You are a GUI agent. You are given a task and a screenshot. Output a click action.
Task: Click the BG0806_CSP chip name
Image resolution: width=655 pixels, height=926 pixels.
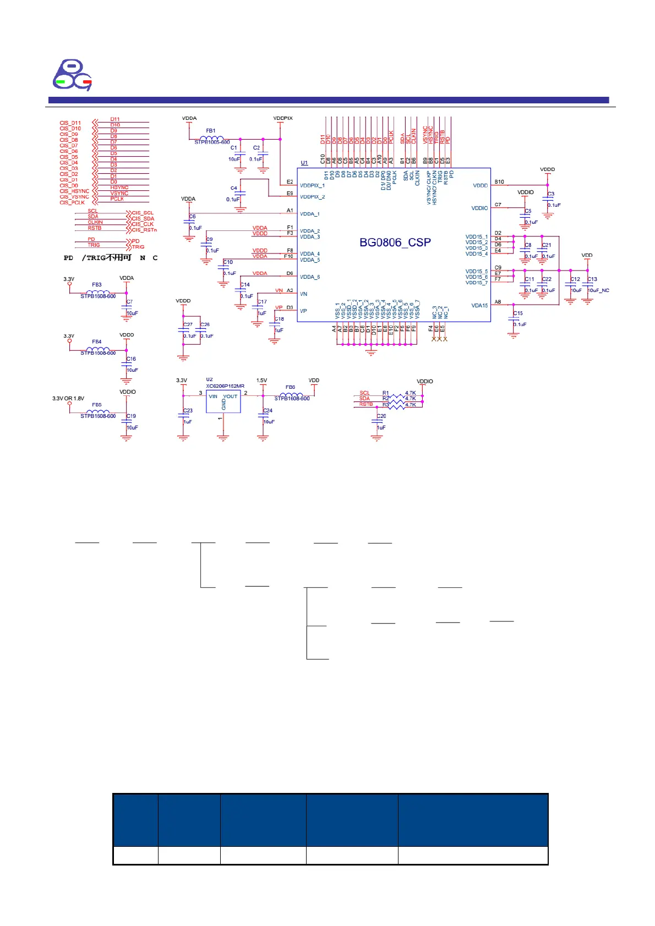coord(395,242)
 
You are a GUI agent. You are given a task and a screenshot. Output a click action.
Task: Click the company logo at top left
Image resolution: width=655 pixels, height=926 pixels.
coord(72,75)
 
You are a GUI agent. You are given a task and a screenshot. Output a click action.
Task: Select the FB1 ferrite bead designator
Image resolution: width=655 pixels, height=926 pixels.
coord(211,131)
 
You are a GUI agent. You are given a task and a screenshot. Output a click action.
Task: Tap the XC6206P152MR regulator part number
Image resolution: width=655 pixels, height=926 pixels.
coord(225,386)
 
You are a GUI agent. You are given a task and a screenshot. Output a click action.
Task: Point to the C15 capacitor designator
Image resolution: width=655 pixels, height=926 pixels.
coord(518,313)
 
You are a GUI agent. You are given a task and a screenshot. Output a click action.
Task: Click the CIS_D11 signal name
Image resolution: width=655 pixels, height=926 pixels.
coord(70,123)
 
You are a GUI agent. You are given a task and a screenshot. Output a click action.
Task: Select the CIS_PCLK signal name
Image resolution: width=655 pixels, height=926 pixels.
coord(73,202)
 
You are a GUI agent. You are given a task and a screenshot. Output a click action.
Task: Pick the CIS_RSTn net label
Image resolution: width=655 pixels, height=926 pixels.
coord(144,230)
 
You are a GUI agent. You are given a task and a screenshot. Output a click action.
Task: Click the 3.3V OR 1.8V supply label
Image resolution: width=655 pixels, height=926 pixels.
coord(68,398)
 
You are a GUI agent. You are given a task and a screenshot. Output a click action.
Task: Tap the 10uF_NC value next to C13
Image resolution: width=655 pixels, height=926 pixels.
coord(599,290)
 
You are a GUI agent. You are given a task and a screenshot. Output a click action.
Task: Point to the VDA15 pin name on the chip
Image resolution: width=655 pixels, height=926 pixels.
coord(479,305)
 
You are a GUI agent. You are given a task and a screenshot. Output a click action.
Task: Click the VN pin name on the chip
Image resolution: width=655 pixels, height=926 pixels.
coord(303,294)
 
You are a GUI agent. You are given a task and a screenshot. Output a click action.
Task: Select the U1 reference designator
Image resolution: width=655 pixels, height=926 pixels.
coord(304,163)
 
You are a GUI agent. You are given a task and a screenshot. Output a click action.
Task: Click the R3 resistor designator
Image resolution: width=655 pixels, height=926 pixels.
coord(386,405)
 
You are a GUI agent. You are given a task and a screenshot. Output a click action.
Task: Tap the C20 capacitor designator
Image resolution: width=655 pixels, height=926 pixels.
coord(381,416)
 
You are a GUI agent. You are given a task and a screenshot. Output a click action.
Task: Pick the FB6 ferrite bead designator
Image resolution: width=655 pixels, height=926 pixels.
coord(290,387)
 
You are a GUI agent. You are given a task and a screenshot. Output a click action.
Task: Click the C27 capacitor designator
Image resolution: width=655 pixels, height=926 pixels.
coord(188,324)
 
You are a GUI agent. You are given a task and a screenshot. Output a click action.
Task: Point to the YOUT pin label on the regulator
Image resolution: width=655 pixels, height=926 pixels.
coord(230,396)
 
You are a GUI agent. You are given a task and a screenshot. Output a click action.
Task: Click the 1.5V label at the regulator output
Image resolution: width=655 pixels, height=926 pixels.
coord(261,381)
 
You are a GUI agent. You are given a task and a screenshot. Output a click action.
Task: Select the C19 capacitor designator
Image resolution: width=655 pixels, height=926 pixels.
coord(131,416)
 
